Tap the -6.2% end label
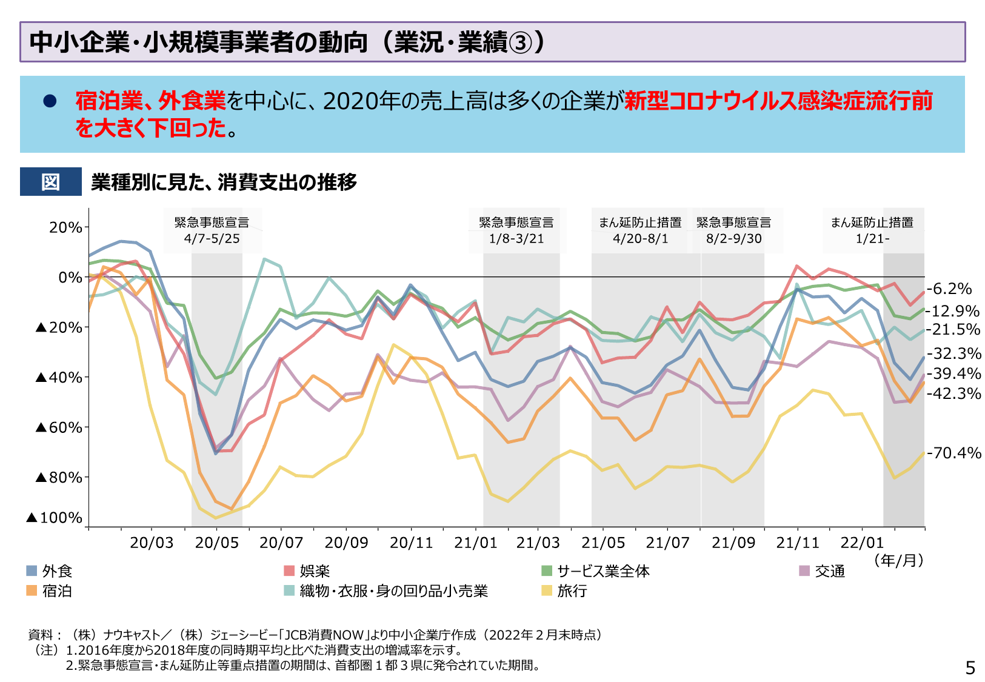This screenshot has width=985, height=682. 949,289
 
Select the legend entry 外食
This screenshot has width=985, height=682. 50,571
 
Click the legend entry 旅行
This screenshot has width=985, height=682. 564,590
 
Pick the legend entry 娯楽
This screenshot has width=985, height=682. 307,571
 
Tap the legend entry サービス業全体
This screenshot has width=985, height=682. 595,571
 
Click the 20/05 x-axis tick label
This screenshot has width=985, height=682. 216,543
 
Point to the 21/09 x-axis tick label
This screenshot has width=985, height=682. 733,543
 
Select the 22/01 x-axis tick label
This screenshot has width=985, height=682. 862,543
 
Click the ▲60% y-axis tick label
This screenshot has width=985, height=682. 59,427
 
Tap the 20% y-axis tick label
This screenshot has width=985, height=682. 65,227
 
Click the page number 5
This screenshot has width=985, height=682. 970,667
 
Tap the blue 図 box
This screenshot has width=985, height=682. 50,181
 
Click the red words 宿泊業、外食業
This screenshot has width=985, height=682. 150,101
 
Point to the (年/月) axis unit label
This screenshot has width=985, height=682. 898,560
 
